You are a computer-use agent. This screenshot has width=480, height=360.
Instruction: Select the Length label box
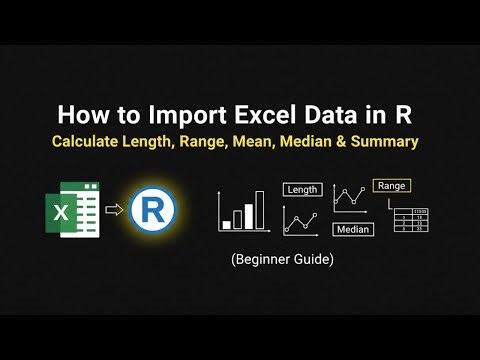tap(302, 189)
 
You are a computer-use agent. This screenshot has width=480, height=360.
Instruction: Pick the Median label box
tap(353, 230)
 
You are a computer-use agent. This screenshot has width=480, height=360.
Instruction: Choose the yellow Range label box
tap(391, 186)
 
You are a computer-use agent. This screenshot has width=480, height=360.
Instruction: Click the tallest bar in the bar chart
tap(259, 210)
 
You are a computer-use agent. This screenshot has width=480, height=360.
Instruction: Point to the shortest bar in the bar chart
tap(227, 224)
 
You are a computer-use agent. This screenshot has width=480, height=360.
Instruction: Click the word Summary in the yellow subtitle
tap(391, 141)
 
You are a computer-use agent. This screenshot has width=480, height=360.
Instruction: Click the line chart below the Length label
tap(301, 220)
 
